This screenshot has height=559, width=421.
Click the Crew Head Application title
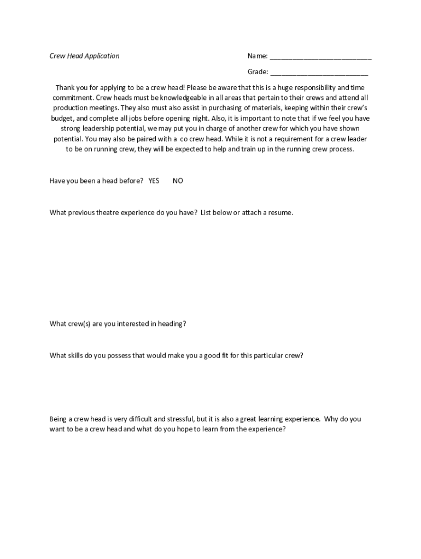(x=84, y=56)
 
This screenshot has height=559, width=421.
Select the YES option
(x=154, y=181)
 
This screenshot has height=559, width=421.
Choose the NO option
(x=178, y=181)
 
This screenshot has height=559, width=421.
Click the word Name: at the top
(x=258, y=56)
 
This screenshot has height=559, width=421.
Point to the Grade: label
(x=258, y=72)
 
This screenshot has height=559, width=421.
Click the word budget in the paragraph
(x=62, y=118)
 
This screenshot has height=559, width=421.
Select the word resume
(x=280, y=212)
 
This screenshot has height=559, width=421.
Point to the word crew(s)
(x=80, y=324)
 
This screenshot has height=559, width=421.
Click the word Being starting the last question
(x=58, y=419)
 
